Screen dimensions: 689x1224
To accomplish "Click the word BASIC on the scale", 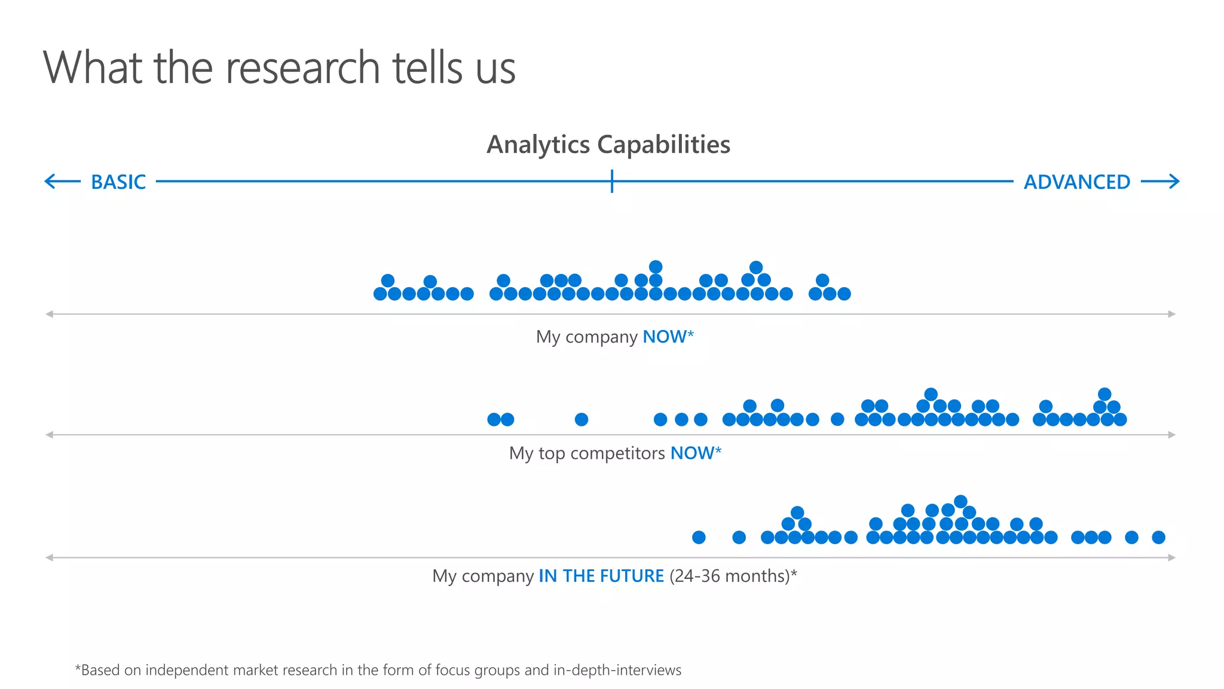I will pyautogui.click(x=118, y=182).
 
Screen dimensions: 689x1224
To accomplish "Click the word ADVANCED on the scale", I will pyautogui.click(x=1077, y=182).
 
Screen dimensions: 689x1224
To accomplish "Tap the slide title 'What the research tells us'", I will pyautogui.click(x=279, y=68).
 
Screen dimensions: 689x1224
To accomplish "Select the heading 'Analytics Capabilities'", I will pyautogui.click(x=608, y=145).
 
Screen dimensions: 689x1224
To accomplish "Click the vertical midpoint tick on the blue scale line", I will pyautogui.click(x=612, y=181).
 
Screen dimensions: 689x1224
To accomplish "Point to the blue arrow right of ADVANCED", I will pyautogui.click(x=1160, y=181).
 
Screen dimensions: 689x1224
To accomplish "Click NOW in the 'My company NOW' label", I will pyautogui.click(x=664, y=337).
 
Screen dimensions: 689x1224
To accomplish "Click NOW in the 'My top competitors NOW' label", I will pyautogui.click(x=692, y=453).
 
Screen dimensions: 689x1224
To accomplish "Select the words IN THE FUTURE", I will pyautogui.click(x=601, y=576).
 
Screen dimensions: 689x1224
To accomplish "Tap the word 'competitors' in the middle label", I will pyautogui.click(x=617, y=453).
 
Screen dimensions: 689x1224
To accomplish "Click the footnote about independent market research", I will pyautogui.click(x=378, y=670).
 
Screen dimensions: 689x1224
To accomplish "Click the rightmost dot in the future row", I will pyautogui.click(x=1158, y=537).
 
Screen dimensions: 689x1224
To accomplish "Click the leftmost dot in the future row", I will pyautogui.click(x=699, y=537).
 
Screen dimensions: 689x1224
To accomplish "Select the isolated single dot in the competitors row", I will pyautogui.click(x=582, y=419).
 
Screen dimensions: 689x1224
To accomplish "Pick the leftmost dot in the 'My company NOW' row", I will pyautogui.click(x=380, y=294).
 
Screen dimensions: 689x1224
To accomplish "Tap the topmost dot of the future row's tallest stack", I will pyautogui.click(x=960, y=501).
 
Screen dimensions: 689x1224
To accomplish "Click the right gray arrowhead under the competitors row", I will pyautogui.click(x=1172, y=435).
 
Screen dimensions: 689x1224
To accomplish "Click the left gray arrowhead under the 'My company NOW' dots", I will pyautogui.click(x=50, y=314).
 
